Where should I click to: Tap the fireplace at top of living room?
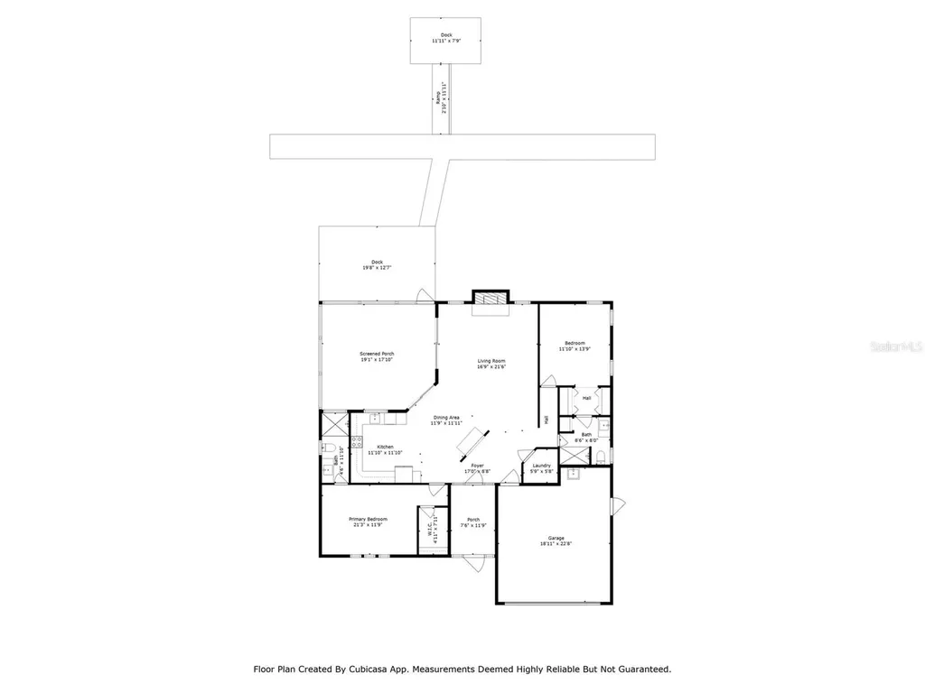tap(491, 300)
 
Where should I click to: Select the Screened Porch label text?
tap(377, 356)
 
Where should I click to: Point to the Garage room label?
tap(553, 540)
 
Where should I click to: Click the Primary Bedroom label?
tap(369, 522)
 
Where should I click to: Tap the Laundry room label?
tap(541, 468)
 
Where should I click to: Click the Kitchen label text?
tap(386, 449)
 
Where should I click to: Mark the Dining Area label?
tap(445, 420)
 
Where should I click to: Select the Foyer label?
tap(477, 468)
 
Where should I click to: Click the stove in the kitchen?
tap(357, 442)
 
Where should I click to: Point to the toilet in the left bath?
tap(329, 448)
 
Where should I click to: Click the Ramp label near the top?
tap(439, 101)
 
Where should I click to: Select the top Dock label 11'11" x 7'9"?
tap(446, 38)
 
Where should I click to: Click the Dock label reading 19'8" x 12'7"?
tap(377, 264)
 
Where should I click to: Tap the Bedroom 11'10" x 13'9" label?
tap(575, 346)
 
